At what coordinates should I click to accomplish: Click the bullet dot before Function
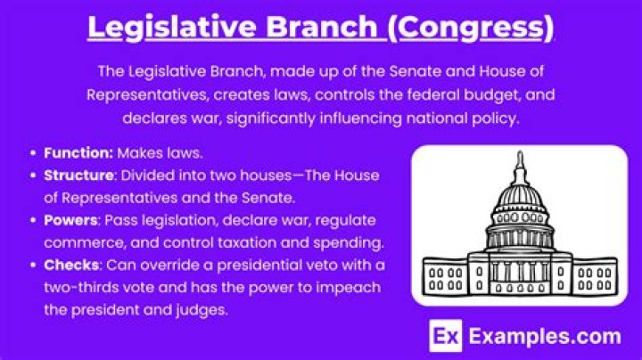click(34, 152)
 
